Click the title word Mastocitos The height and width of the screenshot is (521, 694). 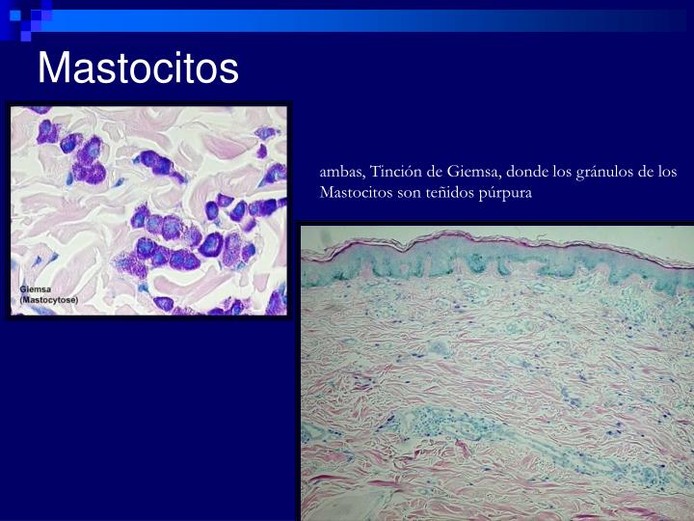coord(138,68)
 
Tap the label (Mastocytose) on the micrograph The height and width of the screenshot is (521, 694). coord(49,300)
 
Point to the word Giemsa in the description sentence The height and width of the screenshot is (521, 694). coord(473,172)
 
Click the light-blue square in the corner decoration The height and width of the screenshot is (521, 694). coord(15,15)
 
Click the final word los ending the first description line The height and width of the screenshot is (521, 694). coord(667,172)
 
